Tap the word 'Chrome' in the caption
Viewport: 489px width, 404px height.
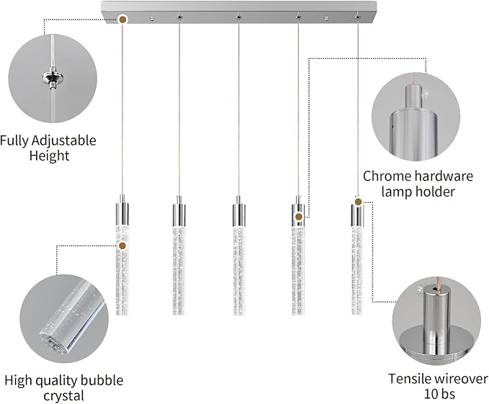coord(387,176)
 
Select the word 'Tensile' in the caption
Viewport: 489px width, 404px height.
coord(413,378)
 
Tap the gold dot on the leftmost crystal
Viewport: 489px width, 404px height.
coord(122,246)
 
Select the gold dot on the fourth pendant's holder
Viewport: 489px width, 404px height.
coord(297,216)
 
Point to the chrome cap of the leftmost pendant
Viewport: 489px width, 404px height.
coord(122,212)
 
